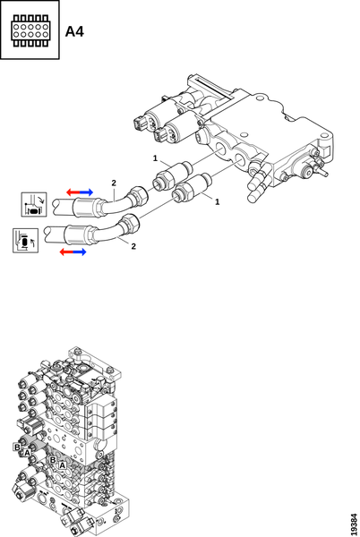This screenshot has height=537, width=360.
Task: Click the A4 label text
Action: coord(74,31)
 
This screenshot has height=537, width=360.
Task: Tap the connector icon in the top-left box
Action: coord(30,30)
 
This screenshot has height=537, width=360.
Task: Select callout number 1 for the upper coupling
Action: coord(155,158)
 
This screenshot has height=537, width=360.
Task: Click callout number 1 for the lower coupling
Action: coord(217,201)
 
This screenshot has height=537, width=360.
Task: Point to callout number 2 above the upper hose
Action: coord(114,183)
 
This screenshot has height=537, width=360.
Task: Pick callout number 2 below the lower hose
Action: coord(133,246)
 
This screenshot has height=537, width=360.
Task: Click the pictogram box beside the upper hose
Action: coord(34,204)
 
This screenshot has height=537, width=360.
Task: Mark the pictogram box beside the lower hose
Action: coord(25,241)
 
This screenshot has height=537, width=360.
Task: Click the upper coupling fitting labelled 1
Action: coord(172,175)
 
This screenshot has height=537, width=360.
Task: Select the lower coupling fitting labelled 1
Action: coord(192,188)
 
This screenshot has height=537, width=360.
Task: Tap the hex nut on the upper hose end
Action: coord(138,195)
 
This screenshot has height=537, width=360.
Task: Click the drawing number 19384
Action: coord(354,524)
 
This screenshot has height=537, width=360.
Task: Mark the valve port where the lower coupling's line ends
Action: coord(240,158)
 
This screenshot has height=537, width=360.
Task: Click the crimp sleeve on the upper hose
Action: coord(84,208)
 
